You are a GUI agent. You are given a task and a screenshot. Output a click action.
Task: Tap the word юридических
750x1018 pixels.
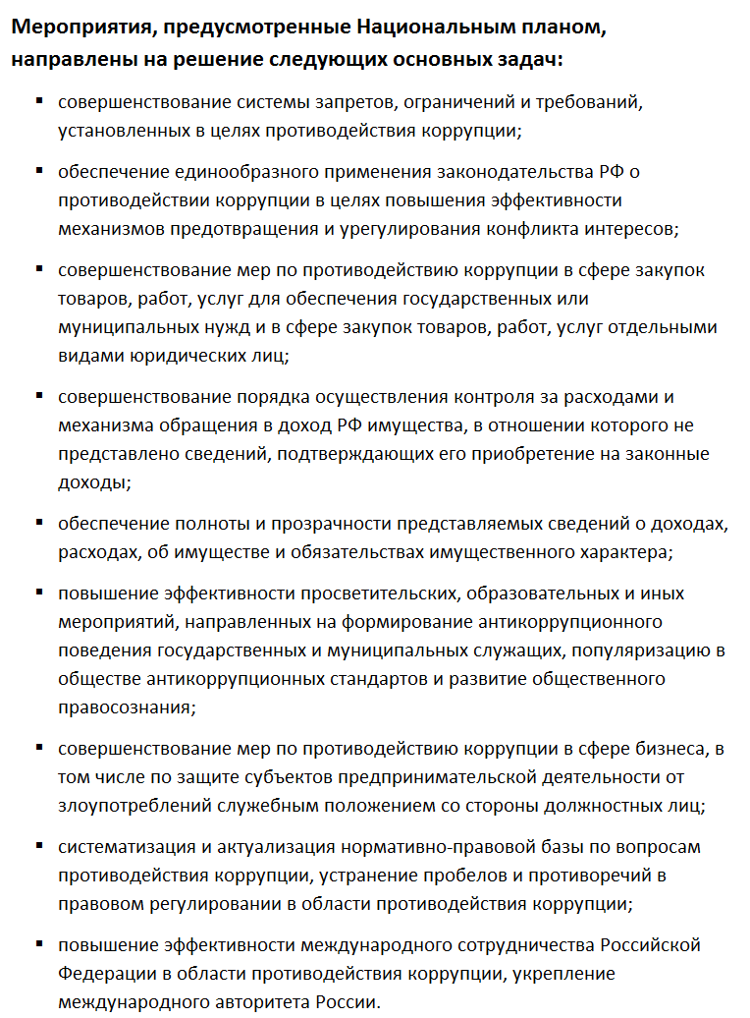pos(175,356)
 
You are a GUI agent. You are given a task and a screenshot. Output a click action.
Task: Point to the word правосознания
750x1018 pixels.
pos(125,707)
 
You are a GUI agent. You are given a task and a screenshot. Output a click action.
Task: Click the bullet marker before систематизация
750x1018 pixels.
pos(39,845)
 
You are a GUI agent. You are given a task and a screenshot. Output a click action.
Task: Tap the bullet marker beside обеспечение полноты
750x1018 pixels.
pos(39,523)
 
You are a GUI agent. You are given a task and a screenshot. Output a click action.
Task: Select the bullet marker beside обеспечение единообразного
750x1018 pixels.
pos(39,171)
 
